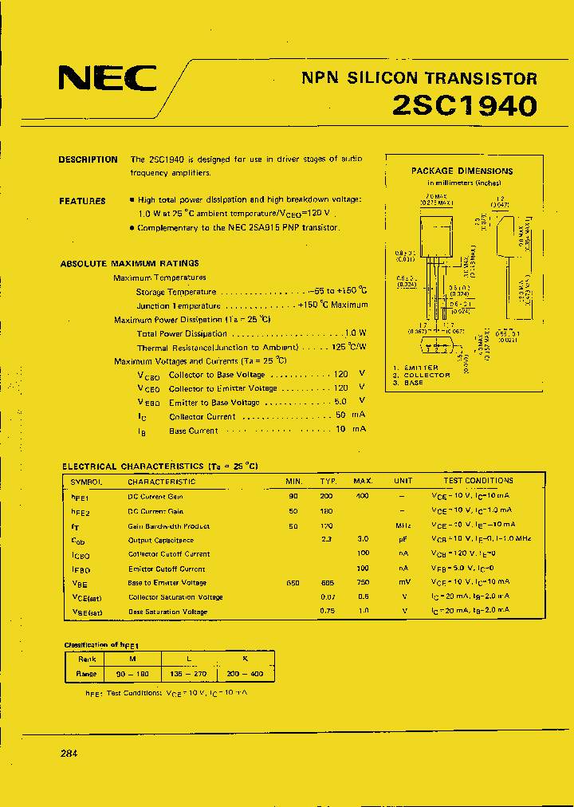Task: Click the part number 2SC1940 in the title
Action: [465, 105]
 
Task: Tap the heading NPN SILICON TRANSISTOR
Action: [419, 78]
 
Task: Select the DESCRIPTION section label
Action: [88, 159]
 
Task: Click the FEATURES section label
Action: [82, 201]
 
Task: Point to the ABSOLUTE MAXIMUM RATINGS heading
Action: [129, 263]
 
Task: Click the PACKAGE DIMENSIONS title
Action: [462, 171]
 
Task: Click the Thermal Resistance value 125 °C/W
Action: [350, 348]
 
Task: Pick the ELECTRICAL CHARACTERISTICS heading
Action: [160, 466]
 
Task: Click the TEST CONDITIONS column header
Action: [478, 481]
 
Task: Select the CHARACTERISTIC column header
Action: [161, 482]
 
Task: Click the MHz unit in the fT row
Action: [403, 526]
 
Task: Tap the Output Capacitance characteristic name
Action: [160, 540]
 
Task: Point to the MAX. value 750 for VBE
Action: [363, 583]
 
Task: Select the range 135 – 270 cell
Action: [189, 674]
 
